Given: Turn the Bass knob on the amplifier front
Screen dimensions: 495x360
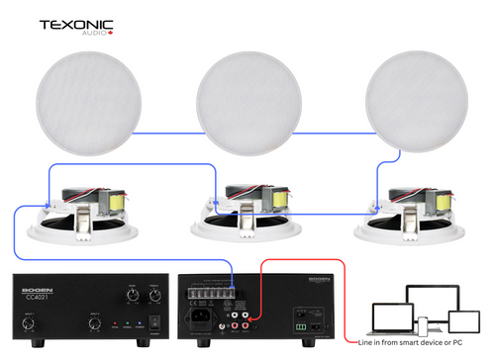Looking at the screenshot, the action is click(x=130, y=294).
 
